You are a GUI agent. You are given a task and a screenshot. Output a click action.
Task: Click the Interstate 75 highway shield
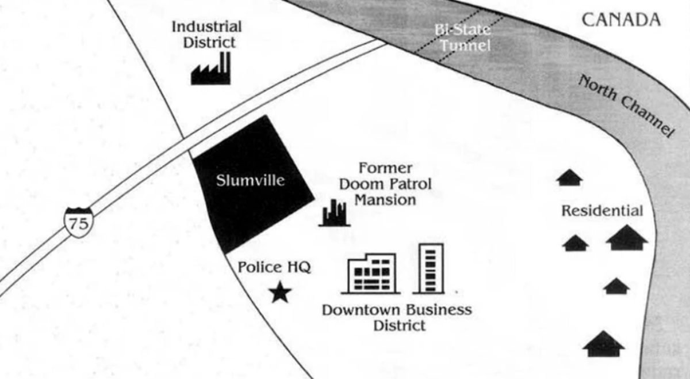pyautogui.click(x=79, y=222)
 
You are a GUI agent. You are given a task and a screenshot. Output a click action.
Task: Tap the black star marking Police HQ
pyautogui.click(x=280, y=292)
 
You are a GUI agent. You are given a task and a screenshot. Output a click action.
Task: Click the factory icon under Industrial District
pyautogui.click(x=210, y=68)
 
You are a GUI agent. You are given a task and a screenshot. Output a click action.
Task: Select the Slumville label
pyautogui.click(x=250, y=180)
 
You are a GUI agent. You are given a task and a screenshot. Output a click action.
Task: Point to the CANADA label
pyautogui.click(x=621, y=20)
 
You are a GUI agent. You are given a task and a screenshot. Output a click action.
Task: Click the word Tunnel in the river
pyautogui.click(x=465, y=46)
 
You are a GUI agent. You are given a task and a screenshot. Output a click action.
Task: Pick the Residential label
pyautogui.click(x=602, y=211)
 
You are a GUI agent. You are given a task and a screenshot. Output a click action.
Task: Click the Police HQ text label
pyautogui.click(x=274, y=267)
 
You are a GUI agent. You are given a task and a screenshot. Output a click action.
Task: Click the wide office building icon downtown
pyautogui.click(x=371, y=274)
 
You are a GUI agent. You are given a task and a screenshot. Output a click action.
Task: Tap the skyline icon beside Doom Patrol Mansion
pyautogui.click(x=335, y=213)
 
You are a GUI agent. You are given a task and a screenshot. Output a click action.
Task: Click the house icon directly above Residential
pyautogui.click(x=570, y=177)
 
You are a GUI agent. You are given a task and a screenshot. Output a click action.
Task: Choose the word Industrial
pyautogui.click(x=206, y=27)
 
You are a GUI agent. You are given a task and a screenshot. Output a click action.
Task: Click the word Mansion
pyautogui.click(x=385, y=200)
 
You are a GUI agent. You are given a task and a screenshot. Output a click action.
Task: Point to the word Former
pyautogui.click(x=385, y=169)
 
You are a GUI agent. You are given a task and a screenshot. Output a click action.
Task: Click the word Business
pyautogui.click(x=439, y=310)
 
